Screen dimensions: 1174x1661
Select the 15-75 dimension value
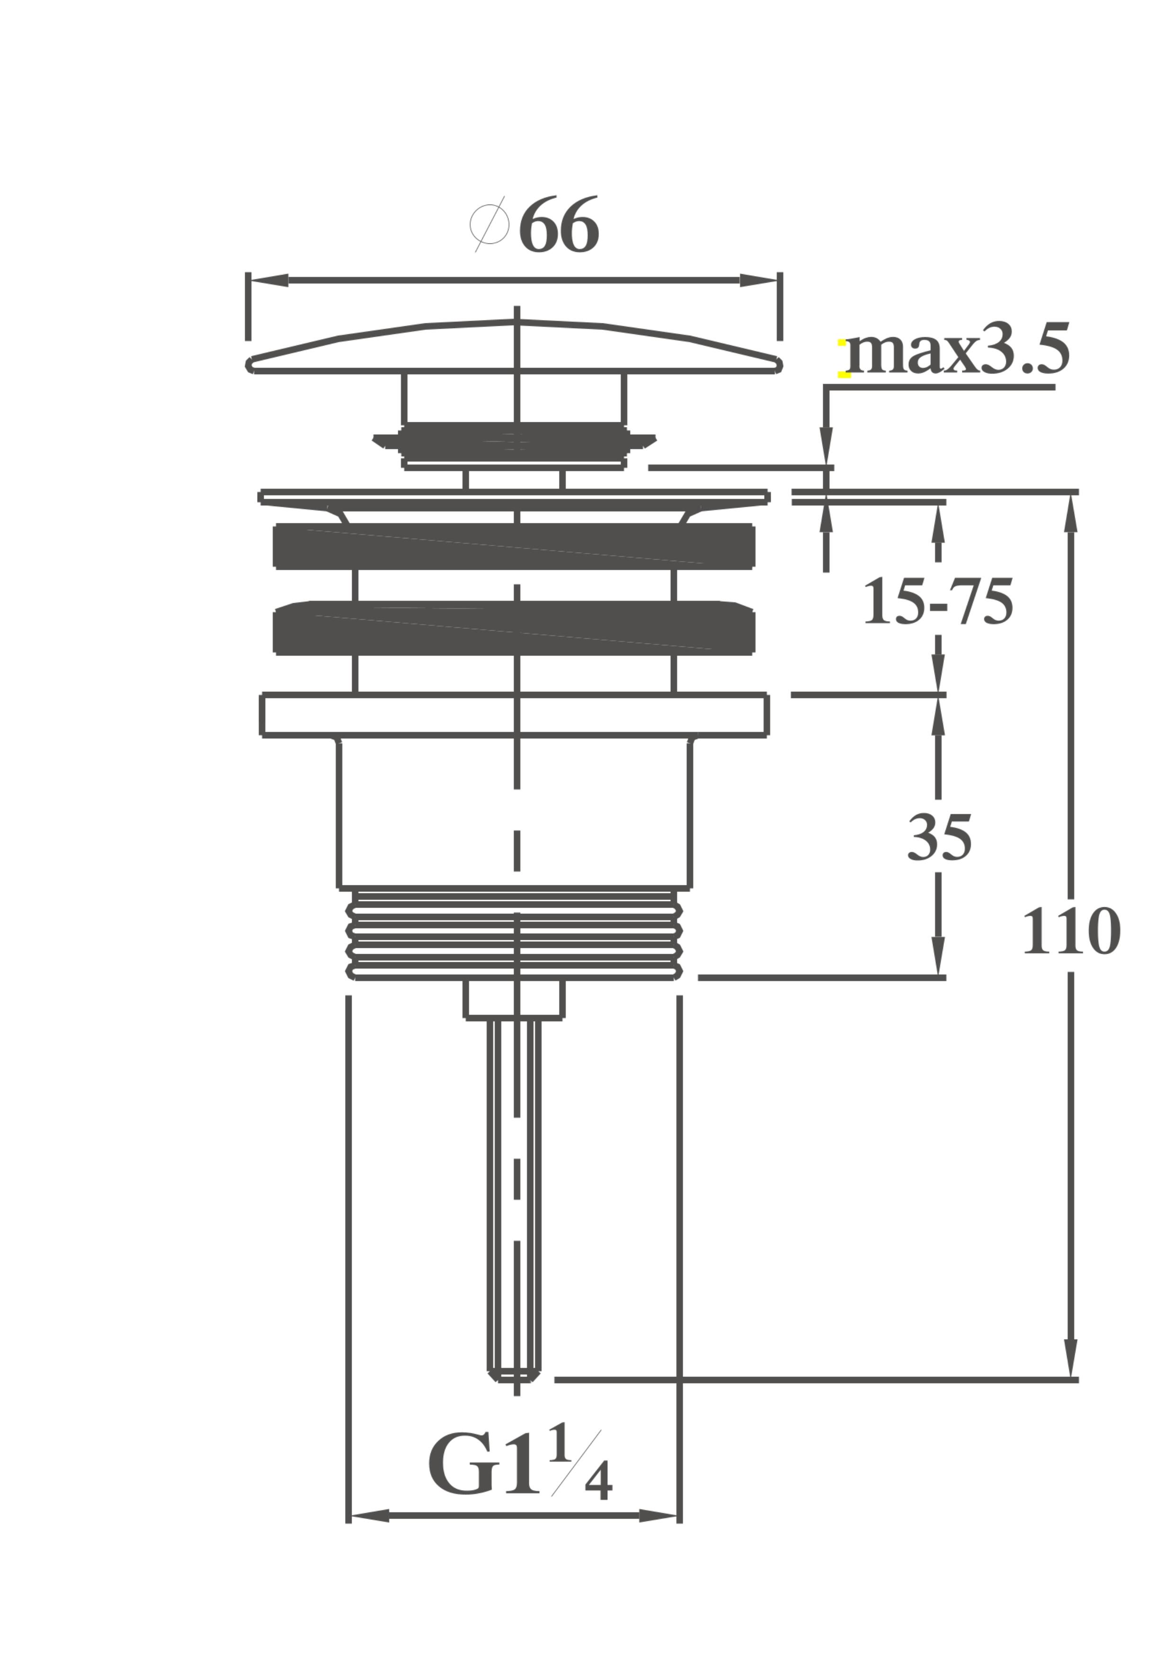point(938,602)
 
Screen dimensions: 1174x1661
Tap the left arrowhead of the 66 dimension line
point(269,280)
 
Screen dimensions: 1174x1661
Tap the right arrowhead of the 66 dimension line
point(759,280)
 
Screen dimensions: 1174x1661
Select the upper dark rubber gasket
point(514,546)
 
